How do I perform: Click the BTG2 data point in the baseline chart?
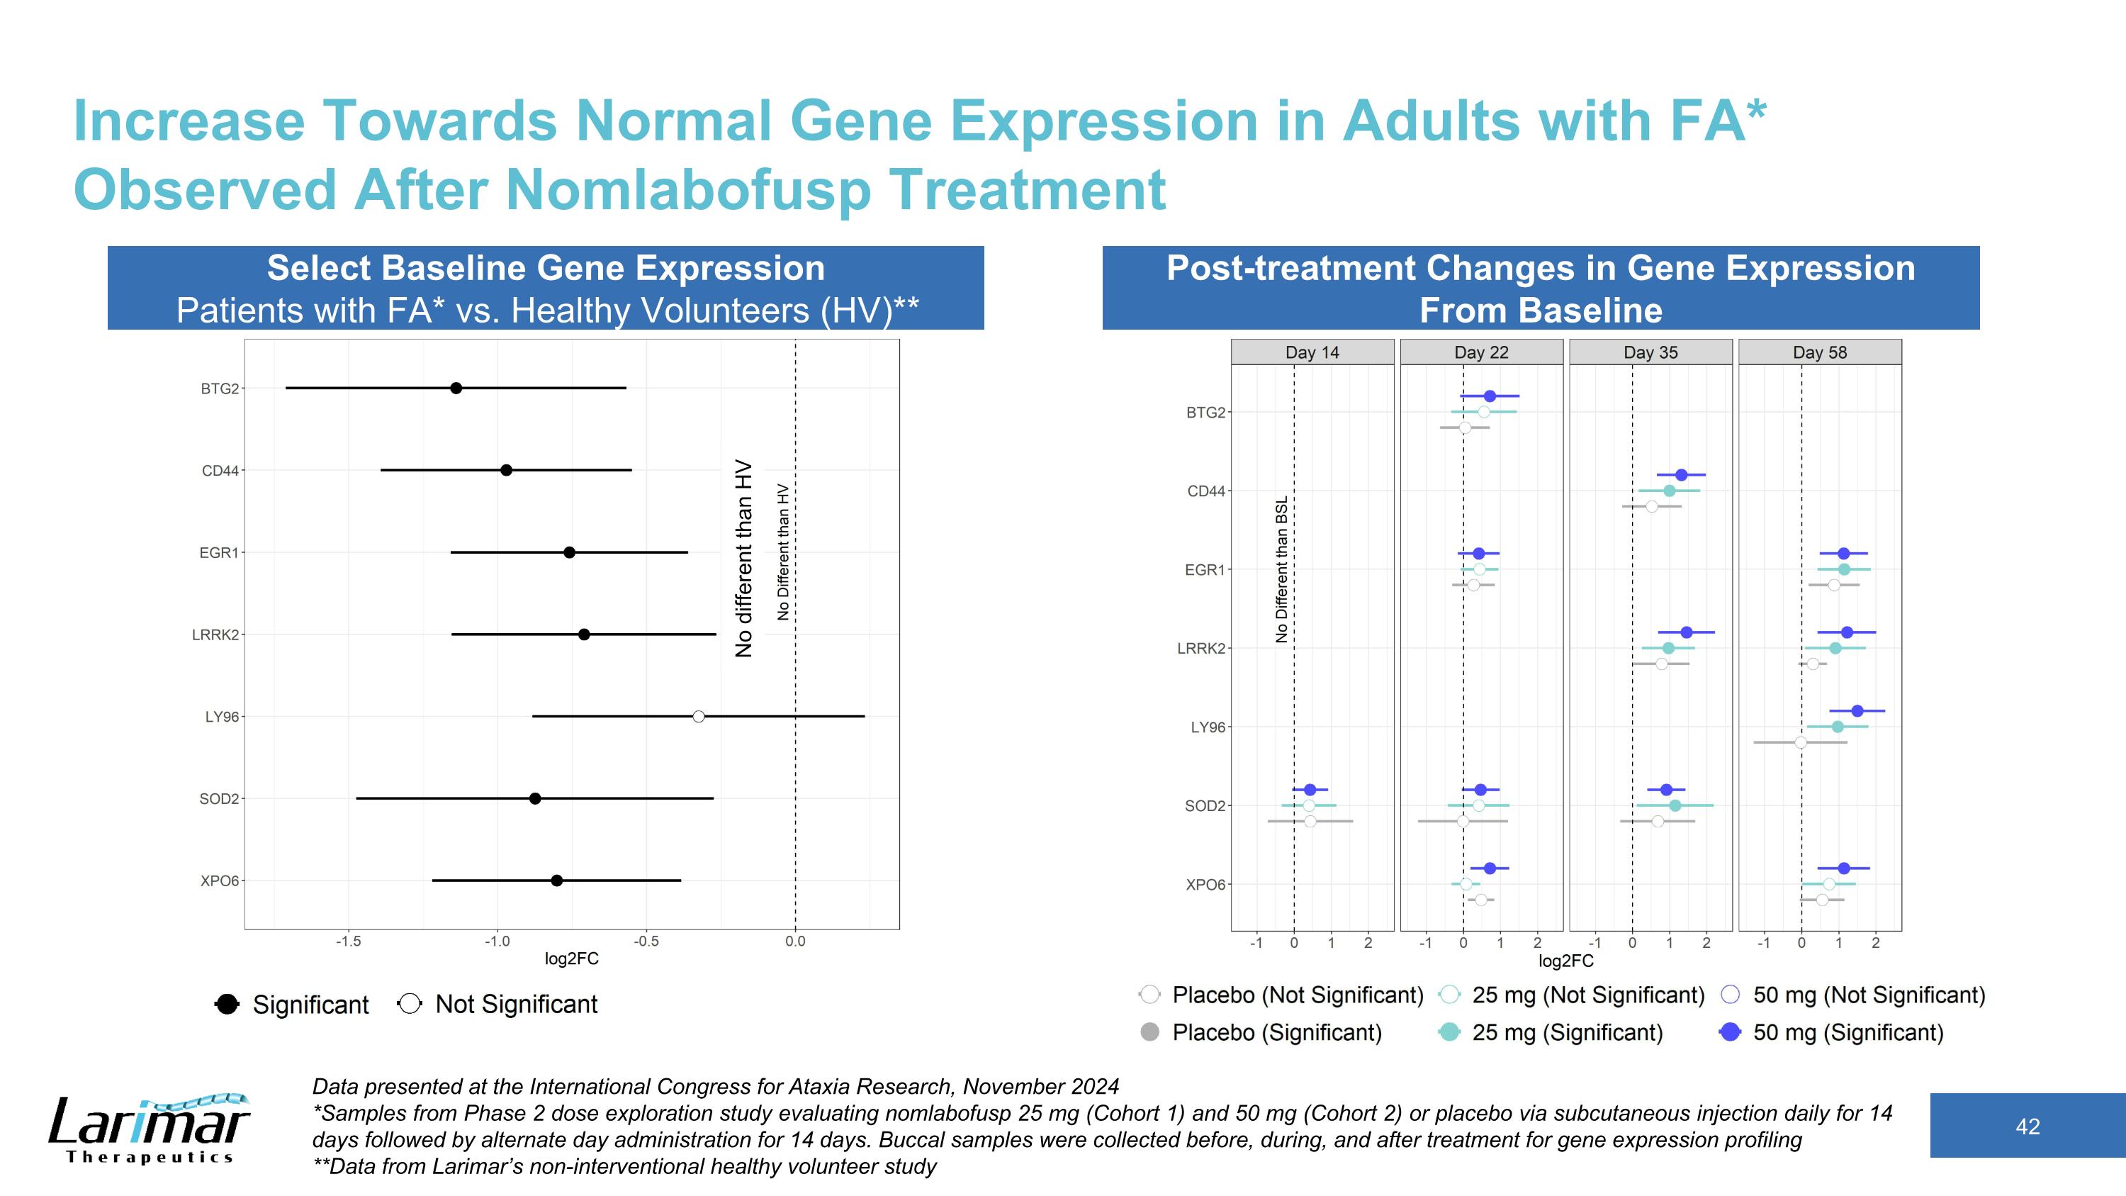click(x=456, y=388)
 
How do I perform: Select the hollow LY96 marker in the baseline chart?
click(x=698, y=717)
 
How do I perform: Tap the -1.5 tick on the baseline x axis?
click(x=348, y=941)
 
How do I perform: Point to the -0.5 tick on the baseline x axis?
click(x=646, y=941)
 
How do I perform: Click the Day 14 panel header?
click(x=1312, y=352)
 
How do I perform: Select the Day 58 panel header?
click(x=1820, y=352)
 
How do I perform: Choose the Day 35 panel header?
click(x=1650, y=352)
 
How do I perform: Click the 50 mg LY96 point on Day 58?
click(x=1857, y=710)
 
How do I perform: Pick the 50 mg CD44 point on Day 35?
click(x=1681, y=474)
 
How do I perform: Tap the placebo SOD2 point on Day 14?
click(x=1310, y=821)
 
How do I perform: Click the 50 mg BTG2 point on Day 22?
click(x=1490, y=396)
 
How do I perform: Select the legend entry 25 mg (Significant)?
click(x=1566, y=1032)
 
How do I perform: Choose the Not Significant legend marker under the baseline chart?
click(x=410, y=1005)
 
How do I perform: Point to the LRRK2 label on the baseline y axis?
click(x=215, y=635)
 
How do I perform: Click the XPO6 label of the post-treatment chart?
click(x=1205, y=885)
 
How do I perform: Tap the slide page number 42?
click(x=2027, y=1127)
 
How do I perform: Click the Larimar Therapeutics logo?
click(x=149, y=1129)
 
